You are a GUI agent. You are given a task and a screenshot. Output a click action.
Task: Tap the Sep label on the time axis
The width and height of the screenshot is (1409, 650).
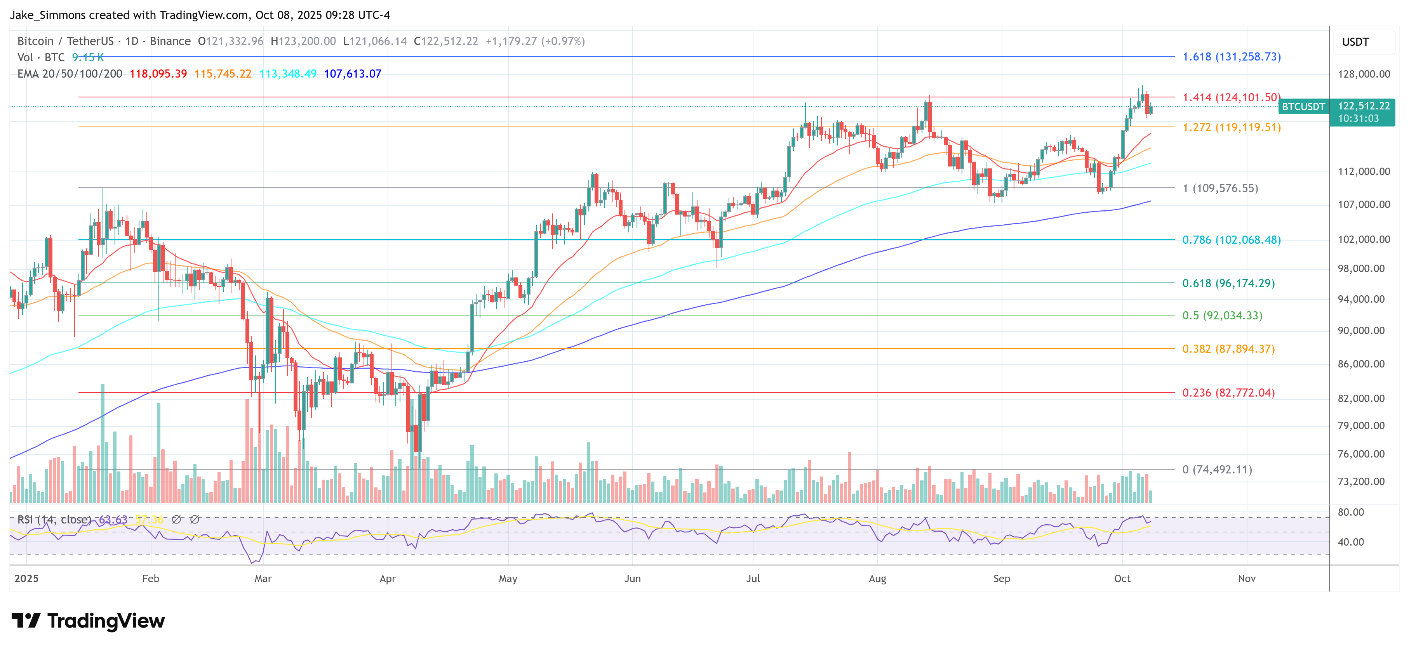pos(1002,578)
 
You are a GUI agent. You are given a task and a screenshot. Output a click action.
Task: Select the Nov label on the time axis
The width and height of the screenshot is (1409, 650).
pos(1247,578)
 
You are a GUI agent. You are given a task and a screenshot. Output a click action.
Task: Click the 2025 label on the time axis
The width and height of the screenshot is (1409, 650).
pos(26,578)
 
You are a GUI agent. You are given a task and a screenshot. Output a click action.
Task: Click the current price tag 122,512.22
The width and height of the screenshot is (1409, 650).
pos(1364,106)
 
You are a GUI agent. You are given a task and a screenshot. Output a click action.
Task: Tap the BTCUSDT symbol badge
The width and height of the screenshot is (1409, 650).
pos(1303,107)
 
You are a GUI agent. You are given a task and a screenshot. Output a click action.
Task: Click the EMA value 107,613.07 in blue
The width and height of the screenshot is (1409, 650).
pos(352,74)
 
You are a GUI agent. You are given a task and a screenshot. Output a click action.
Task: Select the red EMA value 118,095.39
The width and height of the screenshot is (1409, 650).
pos(158,74)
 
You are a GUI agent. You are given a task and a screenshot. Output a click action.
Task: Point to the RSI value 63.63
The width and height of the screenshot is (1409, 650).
pos(113,519)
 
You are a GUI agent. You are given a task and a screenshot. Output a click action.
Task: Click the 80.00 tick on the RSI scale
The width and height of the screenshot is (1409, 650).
pos(1350,512)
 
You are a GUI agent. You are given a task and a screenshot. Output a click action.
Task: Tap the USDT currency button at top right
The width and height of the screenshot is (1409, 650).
pos(1355,42)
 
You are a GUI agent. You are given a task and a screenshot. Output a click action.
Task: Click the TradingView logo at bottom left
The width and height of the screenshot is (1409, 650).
pos(87,621)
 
